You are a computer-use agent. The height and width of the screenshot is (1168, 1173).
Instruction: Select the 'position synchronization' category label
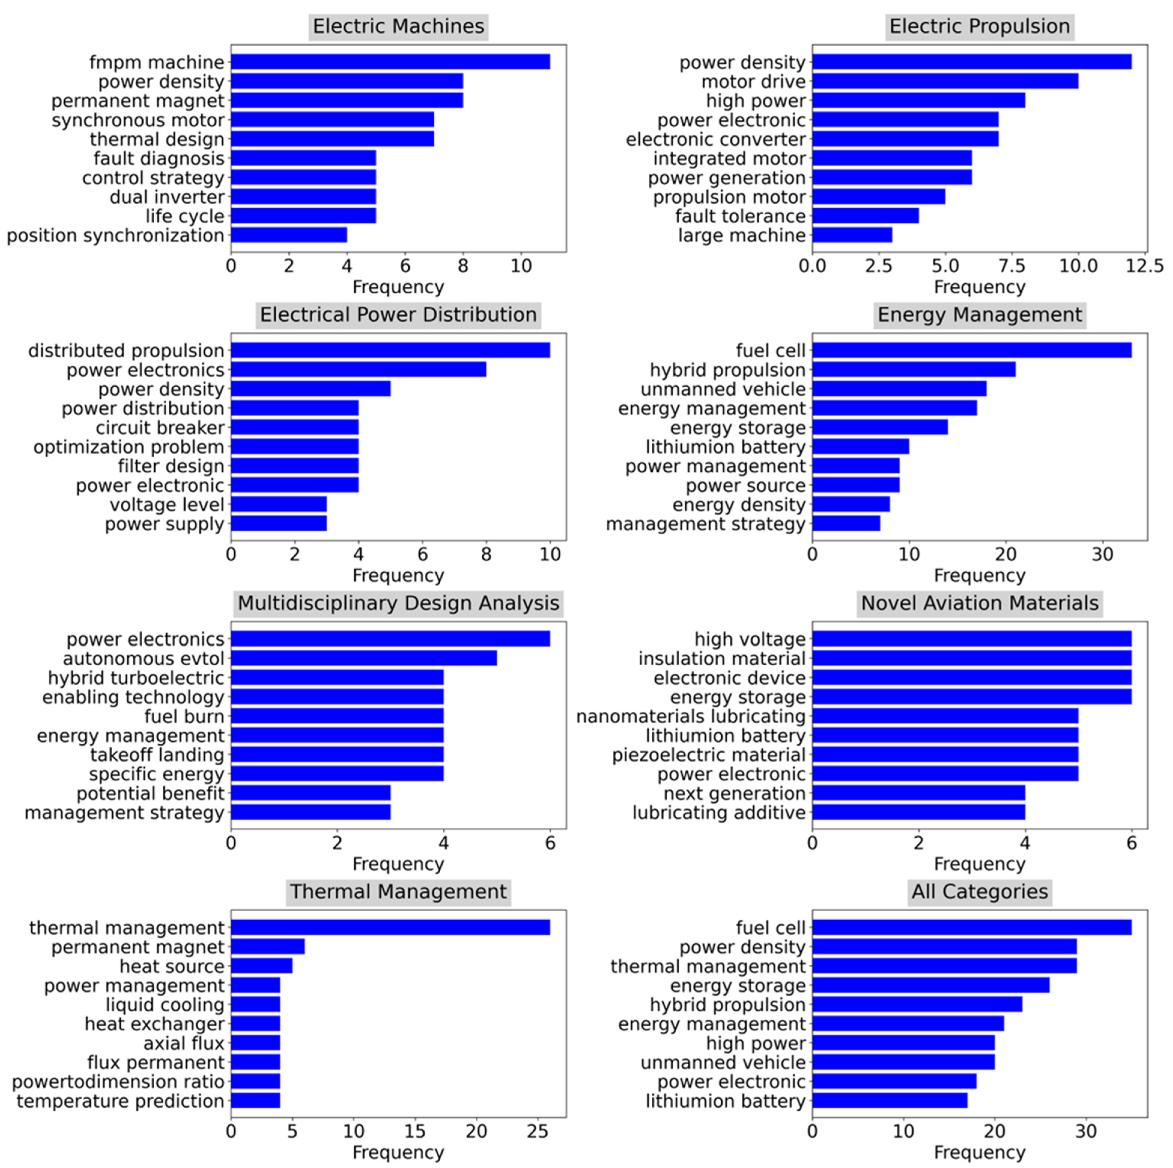pos(115,235)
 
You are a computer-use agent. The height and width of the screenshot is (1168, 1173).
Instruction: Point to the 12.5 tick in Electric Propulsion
pos(1146,266)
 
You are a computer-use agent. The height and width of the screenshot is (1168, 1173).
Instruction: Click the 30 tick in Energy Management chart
pos(1102,554)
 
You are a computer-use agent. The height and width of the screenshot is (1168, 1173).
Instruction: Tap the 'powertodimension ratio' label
pos(118,1082)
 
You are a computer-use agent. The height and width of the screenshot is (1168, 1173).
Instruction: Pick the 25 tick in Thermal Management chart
pos(537,1132)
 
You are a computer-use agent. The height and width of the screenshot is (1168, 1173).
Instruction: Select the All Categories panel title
pos(979,892)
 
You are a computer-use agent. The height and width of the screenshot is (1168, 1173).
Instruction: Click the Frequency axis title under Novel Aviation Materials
pos(979,864)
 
